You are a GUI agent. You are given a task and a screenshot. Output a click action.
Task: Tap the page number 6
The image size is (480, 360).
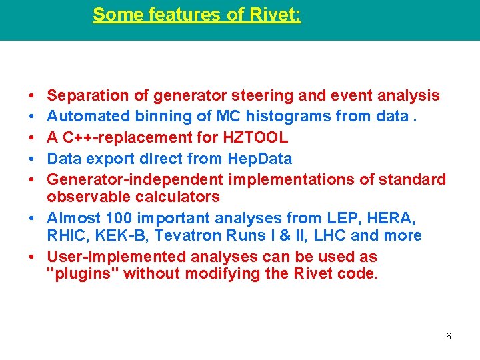pyautogui.click(x=448, y=336)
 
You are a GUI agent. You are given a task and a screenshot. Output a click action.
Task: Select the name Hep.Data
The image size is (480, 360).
pyautogui.click(x=260, y=159)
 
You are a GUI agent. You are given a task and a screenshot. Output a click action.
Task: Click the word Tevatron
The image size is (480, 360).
pyautogui.click(x=178, y=235)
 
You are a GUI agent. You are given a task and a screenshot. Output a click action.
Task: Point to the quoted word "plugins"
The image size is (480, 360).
pyautogui.click(x=83, y=273)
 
